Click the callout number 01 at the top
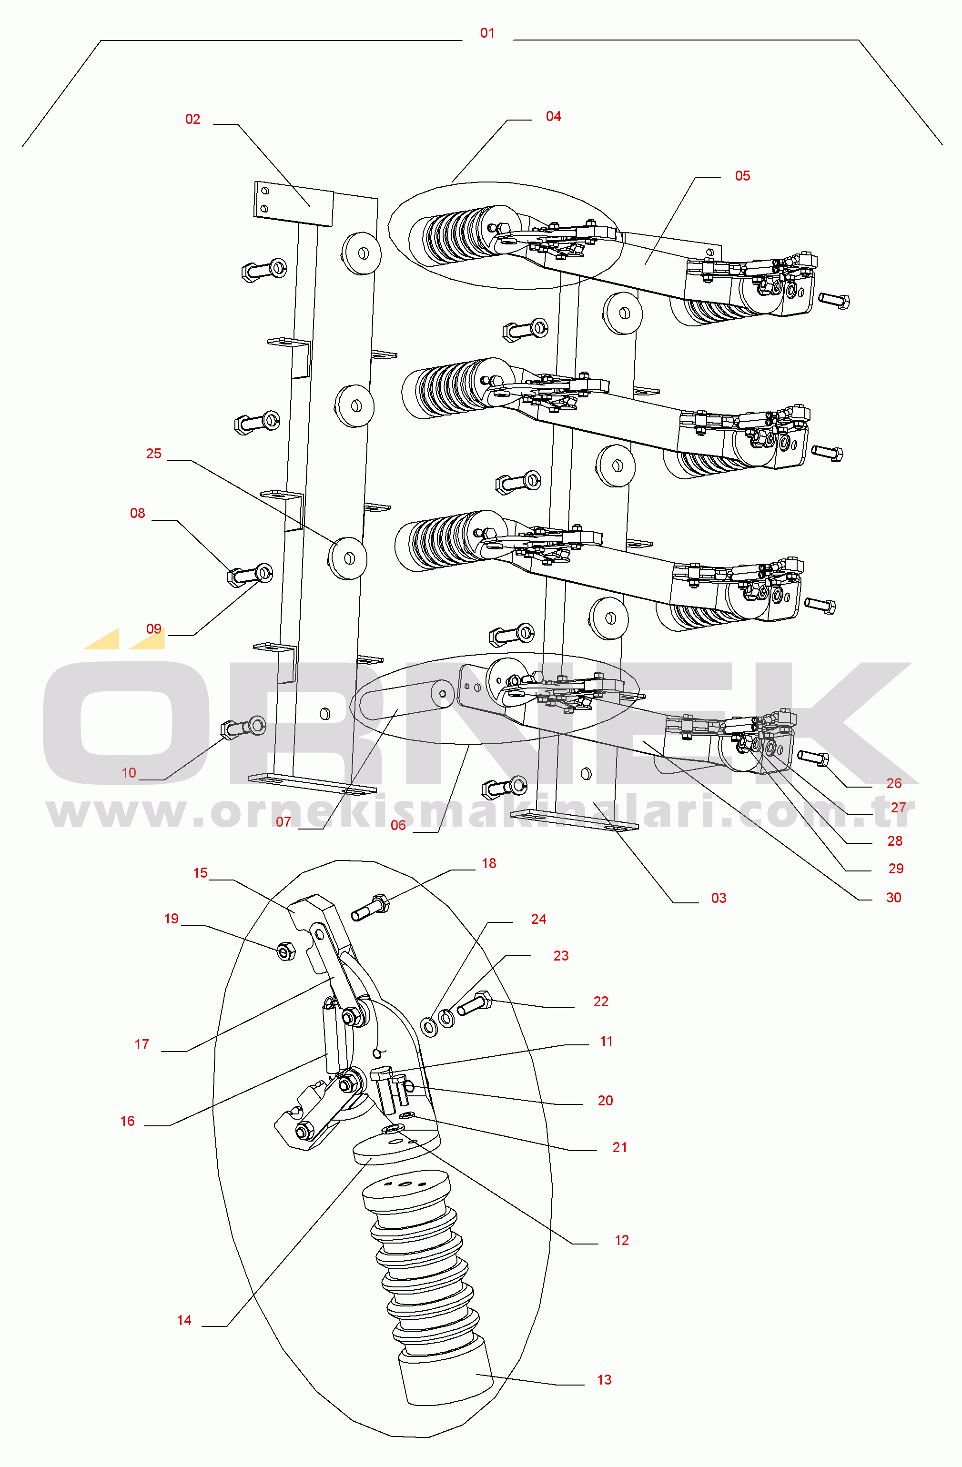(487, 33)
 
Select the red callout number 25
(153, 454)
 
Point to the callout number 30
(893, 898)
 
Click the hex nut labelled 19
(285, 951)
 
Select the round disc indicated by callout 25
(348, 558)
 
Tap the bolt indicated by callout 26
(813, 758)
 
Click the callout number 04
(553, 117)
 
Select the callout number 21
(619, 1147)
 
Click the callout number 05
(743, 176)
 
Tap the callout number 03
(719, 898)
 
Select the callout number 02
(193, 120)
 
